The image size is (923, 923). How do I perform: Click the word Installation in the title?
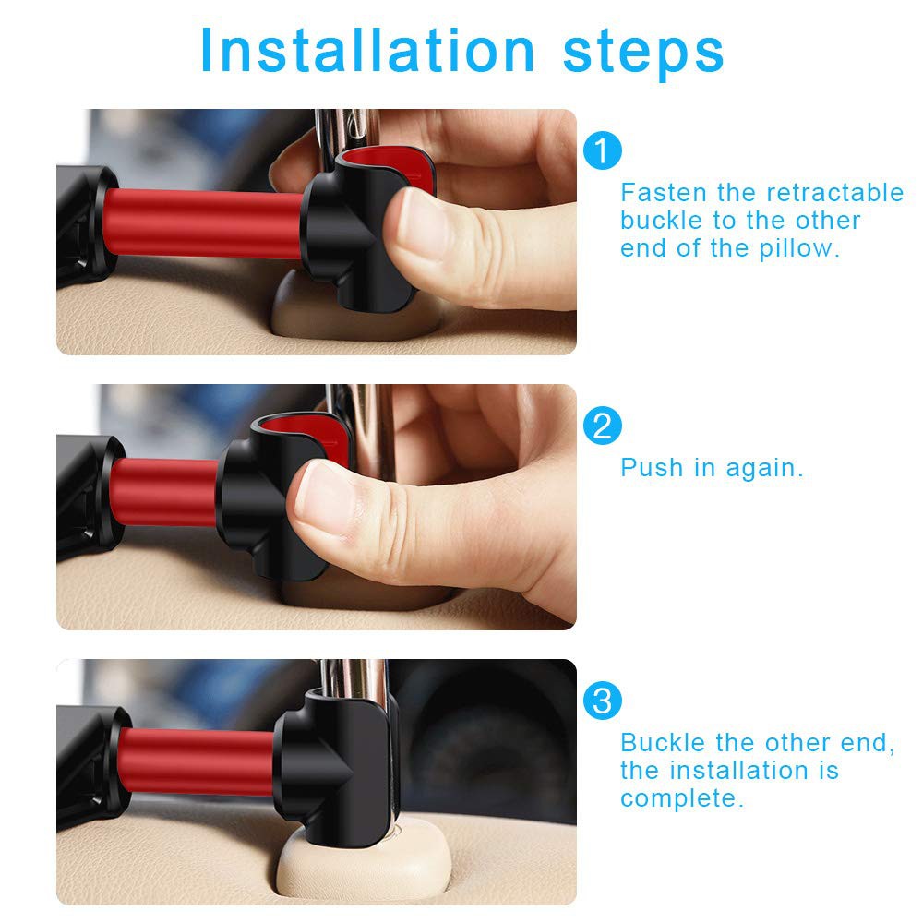(x=367, y=51)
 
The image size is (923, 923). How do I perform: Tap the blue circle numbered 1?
(x=602, y=150)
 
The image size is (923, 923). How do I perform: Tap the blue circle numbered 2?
(x=602, y=426)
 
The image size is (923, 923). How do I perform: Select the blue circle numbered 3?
(x=602, y=701)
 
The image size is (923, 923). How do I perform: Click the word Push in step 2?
(x=653, y=468)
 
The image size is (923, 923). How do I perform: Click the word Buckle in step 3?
(x=663, y=743)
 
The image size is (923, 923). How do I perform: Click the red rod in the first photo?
(x=203, y=223)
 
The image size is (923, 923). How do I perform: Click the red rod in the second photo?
(x=165, y=492)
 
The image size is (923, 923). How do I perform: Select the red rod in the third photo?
(x=197, y=761)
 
